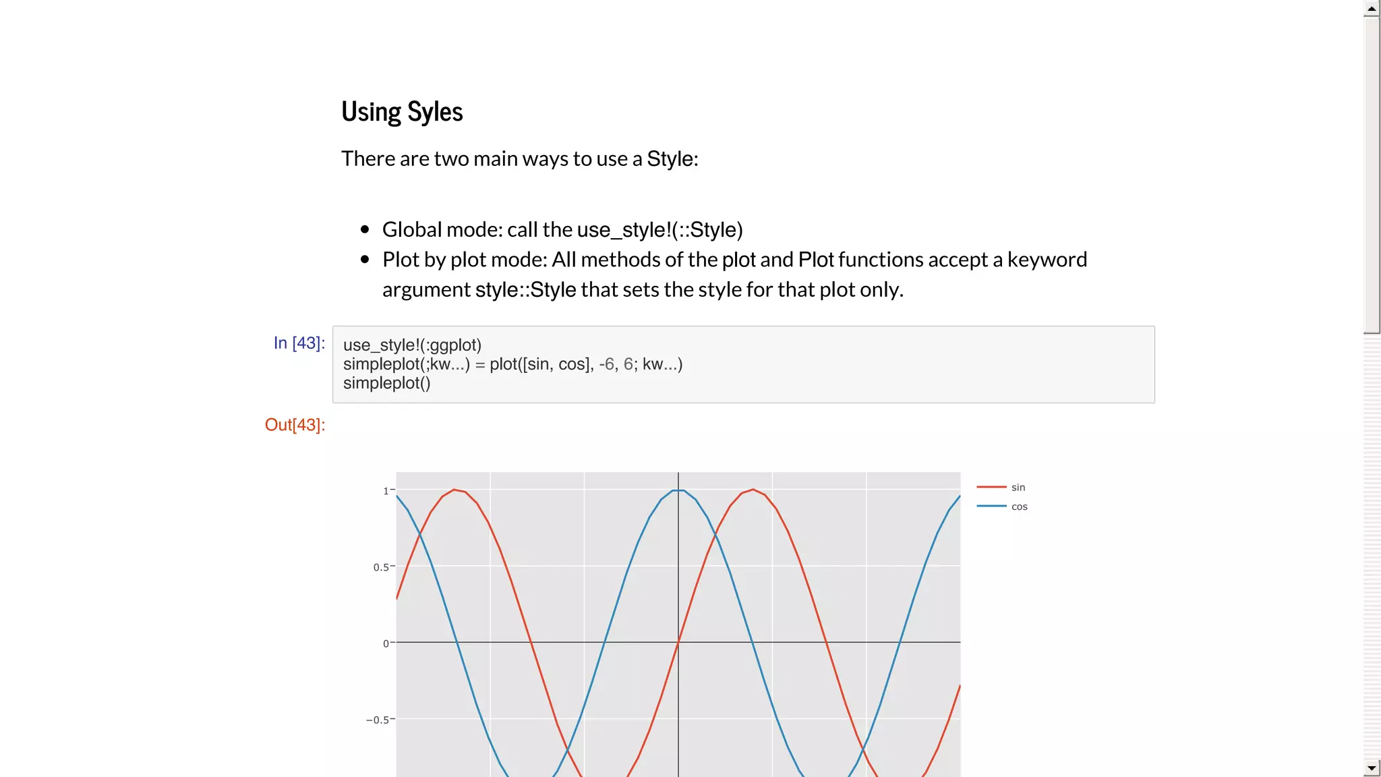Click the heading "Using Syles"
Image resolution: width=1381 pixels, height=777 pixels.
402,112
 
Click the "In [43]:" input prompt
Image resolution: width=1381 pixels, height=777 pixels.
299,343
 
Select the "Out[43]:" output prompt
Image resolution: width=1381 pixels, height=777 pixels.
295,425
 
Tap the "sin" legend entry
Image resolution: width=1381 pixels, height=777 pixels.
1018,487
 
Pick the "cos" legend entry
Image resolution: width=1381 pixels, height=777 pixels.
1019,507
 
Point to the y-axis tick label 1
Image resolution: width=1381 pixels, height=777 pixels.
386,491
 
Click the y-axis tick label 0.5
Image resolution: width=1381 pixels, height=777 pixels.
381,567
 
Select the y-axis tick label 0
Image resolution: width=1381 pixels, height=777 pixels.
386,643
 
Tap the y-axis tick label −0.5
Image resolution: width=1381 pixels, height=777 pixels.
377,720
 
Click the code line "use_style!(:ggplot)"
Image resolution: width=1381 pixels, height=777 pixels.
412,345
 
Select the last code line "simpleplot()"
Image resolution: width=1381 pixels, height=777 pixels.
386,383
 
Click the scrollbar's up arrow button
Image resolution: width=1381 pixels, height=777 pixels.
1372,9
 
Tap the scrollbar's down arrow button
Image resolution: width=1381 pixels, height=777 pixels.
1372,768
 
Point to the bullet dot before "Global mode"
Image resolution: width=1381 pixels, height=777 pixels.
365,229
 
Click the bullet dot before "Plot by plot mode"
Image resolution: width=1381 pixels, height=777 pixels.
365,259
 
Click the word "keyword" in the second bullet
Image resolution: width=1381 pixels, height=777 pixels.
1047,260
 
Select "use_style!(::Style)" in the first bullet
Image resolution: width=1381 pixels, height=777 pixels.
659,230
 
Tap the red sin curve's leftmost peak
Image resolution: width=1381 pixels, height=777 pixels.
454,490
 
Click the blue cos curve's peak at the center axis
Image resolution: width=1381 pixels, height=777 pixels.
678,490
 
